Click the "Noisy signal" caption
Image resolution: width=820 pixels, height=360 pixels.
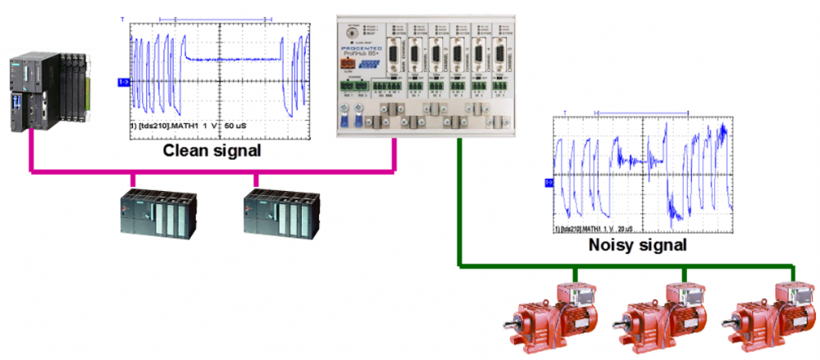637,245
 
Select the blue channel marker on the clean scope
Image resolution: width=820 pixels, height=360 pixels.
123,82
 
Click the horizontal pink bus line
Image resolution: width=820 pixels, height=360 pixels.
205,171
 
